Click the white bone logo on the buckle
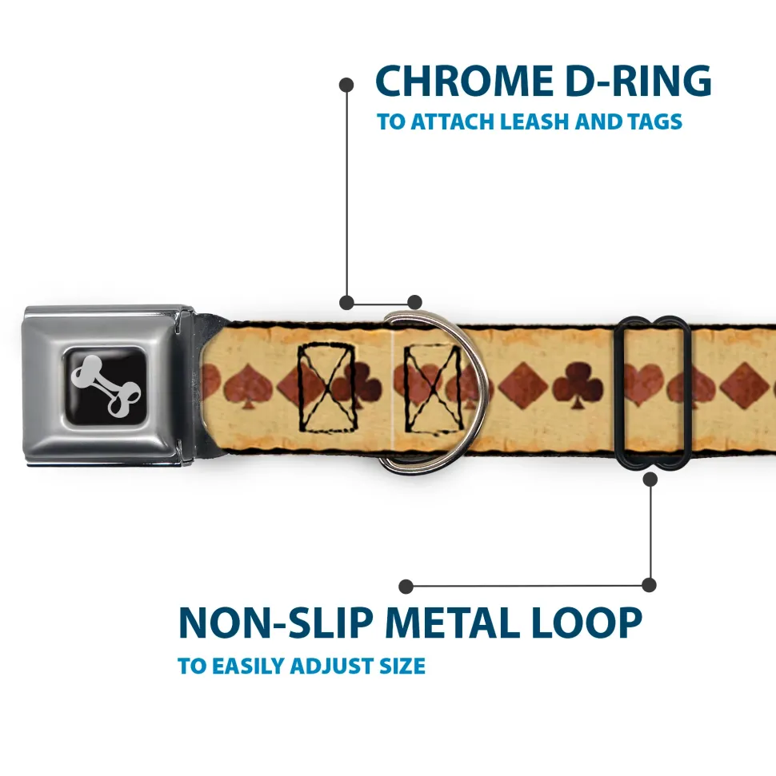(106, 385)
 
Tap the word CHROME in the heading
(464, 81)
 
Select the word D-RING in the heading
(638, 81)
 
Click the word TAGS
(654, 121)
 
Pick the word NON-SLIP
(275, 623)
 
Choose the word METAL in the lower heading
(452, 623)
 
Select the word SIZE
(402, 666)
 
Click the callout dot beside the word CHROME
(346, 85)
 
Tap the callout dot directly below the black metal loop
(650, 479)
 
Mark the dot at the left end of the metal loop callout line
(406, 587)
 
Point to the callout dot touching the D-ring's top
(414, 302)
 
